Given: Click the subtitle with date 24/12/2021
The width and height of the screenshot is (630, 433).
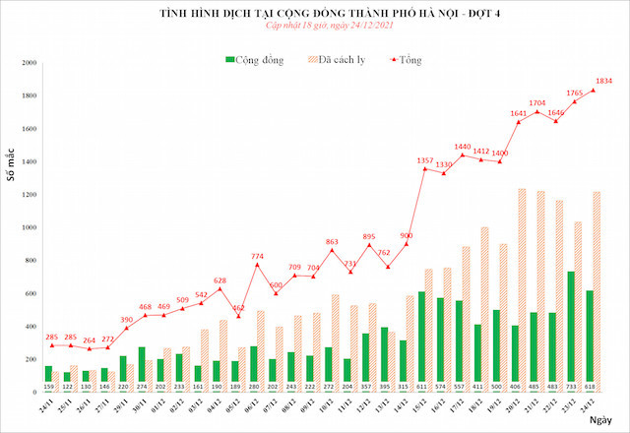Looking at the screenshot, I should click(314, 30).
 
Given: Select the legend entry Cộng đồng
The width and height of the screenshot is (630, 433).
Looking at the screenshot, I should click(254, 60).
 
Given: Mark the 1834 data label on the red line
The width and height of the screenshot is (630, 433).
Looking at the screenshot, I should click(603, 81).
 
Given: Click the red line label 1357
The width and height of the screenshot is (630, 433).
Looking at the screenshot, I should click(425, 158).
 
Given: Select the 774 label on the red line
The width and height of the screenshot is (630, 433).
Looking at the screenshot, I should click(257, 255).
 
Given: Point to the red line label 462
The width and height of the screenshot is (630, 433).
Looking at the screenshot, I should click(239, 308).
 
